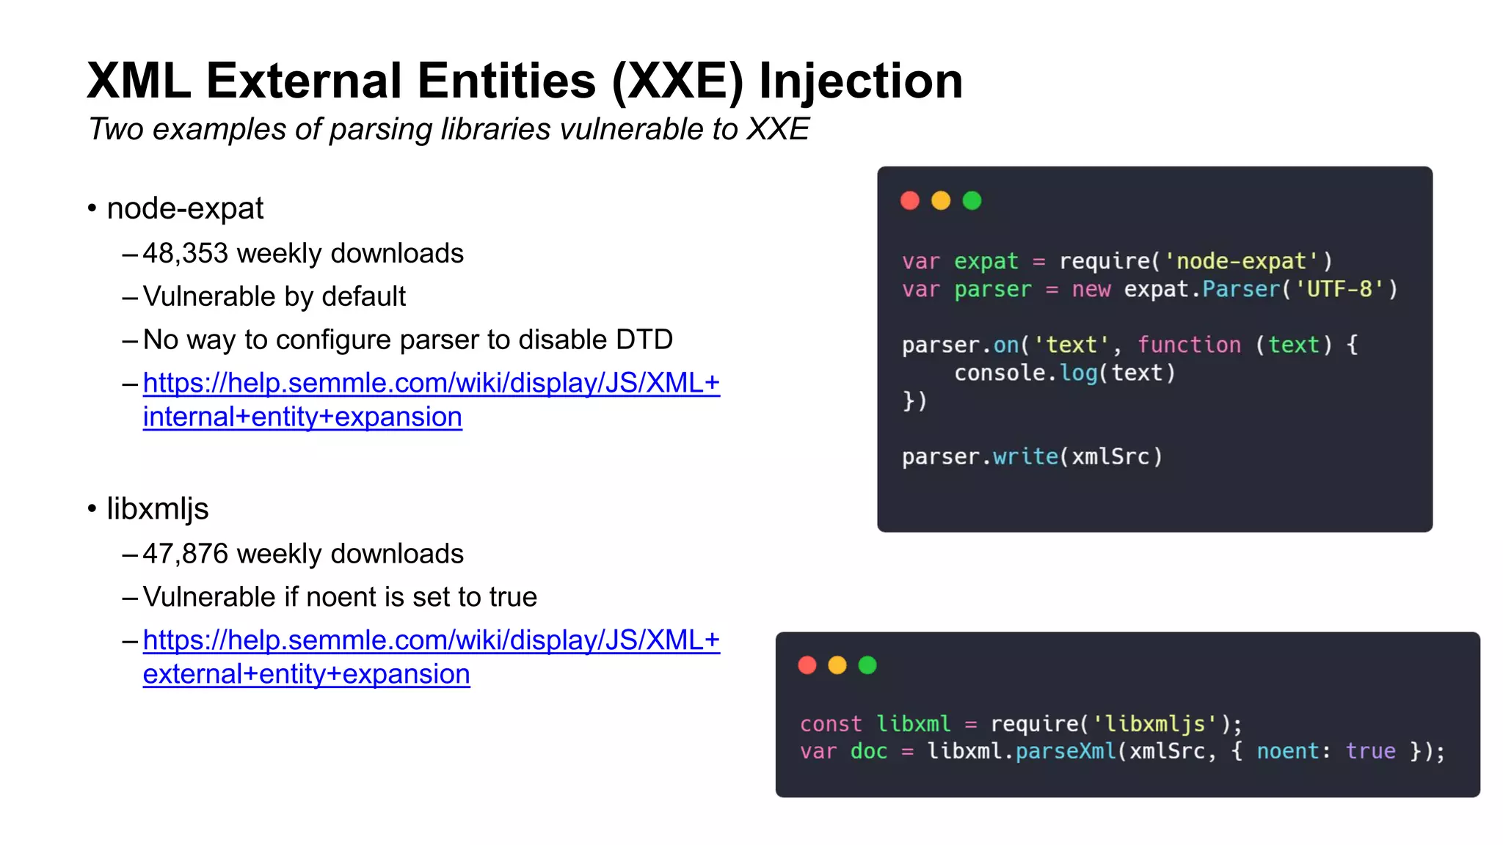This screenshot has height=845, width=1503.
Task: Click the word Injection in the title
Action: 860,81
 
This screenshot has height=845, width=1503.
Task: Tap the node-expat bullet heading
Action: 185,208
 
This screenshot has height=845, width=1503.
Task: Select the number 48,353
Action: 186,254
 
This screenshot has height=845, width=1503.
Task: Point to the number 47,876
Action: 186,554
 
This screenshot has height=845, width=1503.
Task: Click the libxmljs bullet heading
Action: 158,509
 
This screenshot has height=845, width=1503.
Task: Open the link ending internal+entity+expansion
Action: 302,417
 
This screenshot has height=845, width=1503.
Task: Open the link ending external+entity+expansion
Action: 306,674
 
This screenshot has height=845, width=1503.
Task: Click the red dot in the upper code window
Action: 910,201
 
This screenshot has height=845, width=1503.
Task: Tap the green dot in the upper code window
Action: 972,201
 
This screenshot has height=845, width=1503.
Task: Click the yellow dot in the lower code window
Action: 837,665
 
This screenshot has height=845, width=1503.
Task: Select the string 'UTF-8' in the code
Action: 1339,289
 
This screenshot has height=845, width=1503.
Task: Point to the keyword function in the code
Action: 1189,345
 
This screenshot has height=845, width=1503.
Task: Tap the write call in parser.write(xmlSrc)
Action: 1025,457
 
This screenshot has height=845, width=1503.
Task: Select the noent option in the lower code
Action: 1288,752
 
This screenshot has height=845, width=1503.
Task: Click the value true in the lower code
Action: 1370,752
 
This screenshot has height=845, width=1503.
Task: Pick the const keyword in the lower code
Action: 831,724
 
